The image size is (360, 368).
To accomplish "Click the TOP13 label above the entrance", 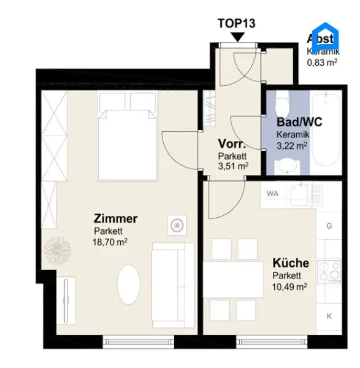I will click(x=237, y=24).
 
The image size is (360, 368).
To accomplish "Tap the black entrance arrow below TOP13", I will click(x=237, y=37).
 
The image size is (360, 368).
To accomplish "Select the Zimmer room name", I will click(x=115, y=219).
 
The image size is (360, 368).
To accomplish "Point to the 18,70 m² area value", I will click(x=110, y=242).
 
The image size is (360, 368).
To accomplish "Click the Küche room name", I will click(x=291, y=264).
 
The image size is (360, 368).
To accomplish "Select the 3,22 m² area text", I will click(x=292, y=146).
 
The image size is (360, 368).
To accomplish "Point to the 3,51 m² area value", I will click(x=233, y=166).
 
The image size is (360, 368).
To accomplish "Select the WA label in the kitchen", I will click(x=272, y=193).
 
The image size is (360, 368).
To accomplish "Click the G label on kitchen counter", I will click(x=329, y=226).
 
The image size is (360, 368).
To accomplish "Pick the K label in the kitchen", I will click(x=329, y=316).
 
